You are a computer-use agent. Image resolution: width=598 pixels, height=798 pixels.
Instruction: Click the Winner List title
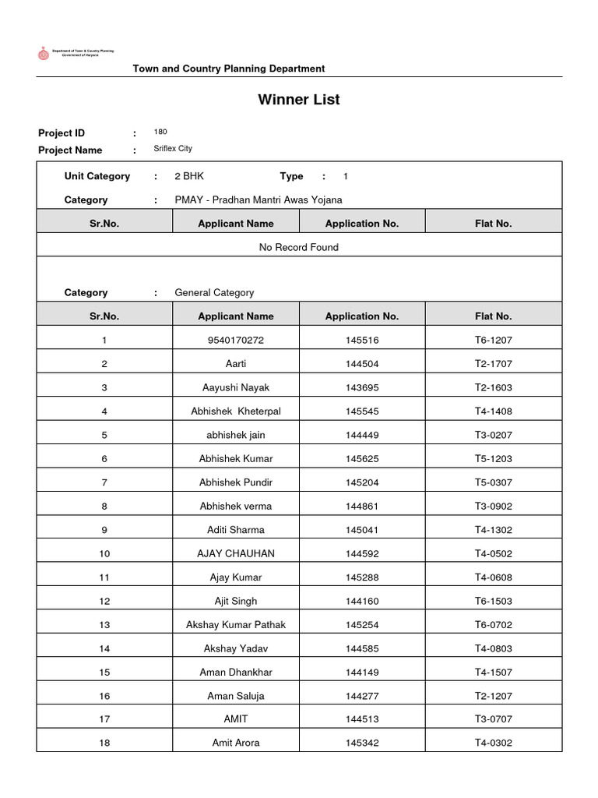coord(298,100)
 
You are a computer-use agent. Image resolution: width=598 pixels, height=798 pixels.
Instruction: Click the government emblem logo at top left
coord(43,53)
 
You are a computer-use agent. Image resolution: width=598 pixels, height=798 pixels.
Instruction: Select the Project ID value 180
coord(160,132)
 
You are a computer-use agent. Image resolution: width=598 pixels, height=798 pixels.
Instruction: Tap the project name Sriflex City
coord(173,148)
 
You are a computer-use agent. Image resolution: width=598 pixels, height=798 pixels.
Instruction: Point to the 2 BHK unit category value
coord(189,176)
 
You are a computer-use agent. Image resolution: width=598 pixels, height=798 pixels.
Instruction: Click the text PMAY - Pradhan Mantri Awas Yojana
coord(258,199)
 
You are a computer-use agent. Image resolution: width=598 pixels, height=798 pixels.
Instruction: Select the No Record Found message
coord(298,247)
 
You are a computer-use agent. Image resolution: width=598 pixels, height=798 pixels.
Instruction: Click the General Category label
coord(214,292)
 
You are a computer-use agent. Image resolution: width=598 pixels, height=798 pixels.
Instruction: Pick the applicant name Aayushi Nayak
coord(236,387)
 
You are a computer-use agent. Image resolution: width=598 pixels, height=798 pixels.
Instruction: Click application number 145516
coord(362,340)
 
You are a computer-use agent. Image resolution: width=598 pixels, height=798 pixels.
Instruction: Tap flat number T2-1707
coord(494,363)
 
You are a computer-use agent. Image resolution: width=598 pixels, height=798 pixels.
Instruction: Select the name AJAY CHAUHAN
coord(236,553)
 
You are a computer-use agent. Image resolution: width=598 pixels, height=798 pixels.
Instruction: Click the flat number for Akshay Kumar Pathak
coord(494,624)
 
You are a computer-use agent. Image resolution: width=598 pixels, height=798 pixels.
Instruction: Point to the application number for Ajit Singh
coord(362,601)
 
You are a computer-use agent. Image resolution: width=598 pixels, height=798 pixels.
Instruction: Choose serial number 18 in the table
coord(104,743)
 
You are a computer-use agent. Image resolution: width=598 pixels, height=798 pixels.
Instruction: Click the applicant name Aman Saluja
coord(236,695)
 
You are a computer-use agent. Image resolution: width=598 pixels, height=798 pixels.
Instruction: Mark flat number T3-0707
coord(494,719)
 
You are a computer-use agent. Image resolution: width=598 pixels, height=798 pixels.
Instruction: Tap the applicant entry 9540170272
coord(236,340)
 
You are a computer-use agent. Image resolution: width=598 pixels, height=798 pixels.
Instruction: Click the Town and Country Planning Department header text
coord(229,69)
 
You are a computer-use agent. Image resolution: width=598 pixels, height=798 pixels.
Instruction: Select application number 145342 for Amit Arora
coord(362,743)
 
